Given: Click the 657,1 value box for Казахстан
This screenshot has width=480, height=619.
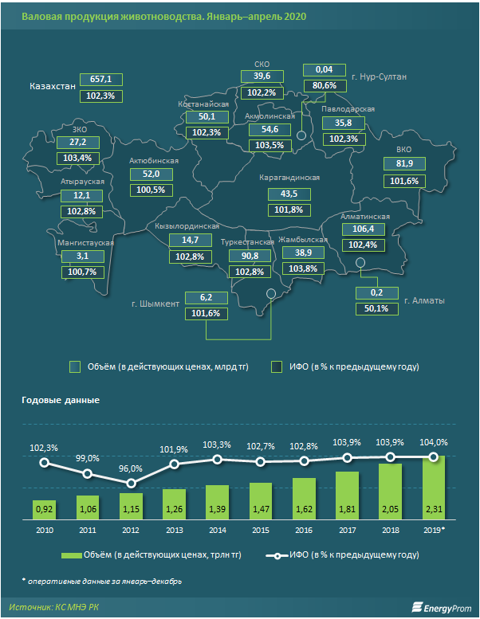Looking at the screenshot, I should pyautogui.click(x=100, y=80).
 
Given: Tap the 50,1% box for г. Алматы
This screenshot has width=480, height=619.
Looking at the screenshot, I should pyautogui.click(x=376, y=308).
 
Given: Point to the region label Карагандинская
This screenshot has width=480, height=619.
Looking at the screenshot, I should pyautogui.click(x=290, y=178).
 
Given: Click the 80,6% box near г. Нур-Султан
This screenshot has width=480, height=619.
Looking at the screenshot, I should pyautogui.click(x=324, y=85).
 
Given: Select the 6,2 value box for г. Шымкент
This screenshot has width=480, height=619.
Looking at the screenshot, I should pyautogui.click(x=207, y=297).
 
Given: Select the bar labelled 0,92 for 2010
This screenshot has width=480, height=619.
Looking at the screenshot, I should pyautogui.click(x=44, y=507).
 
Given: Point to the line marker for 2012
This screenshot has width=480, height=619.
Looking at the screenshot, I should pyautogui.click(x=131, y=484).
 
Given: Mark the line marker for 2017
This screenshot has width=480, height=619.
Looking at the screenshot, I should pyautogui.click(x=347, y=457).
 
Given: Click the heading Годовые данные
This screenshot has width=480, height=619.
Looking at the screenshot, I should pyautogui.click(x=60, y=400).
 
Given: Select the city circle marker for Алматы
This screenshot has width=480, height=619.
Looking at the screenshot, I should pyautogui.click(x=360, y=263).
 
